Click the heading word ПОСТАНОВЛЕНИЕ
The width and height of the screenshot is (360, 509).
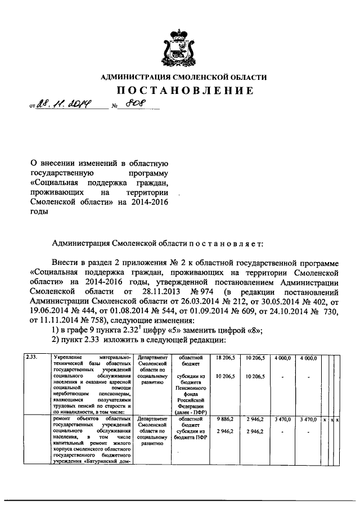tap(180, 91)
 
